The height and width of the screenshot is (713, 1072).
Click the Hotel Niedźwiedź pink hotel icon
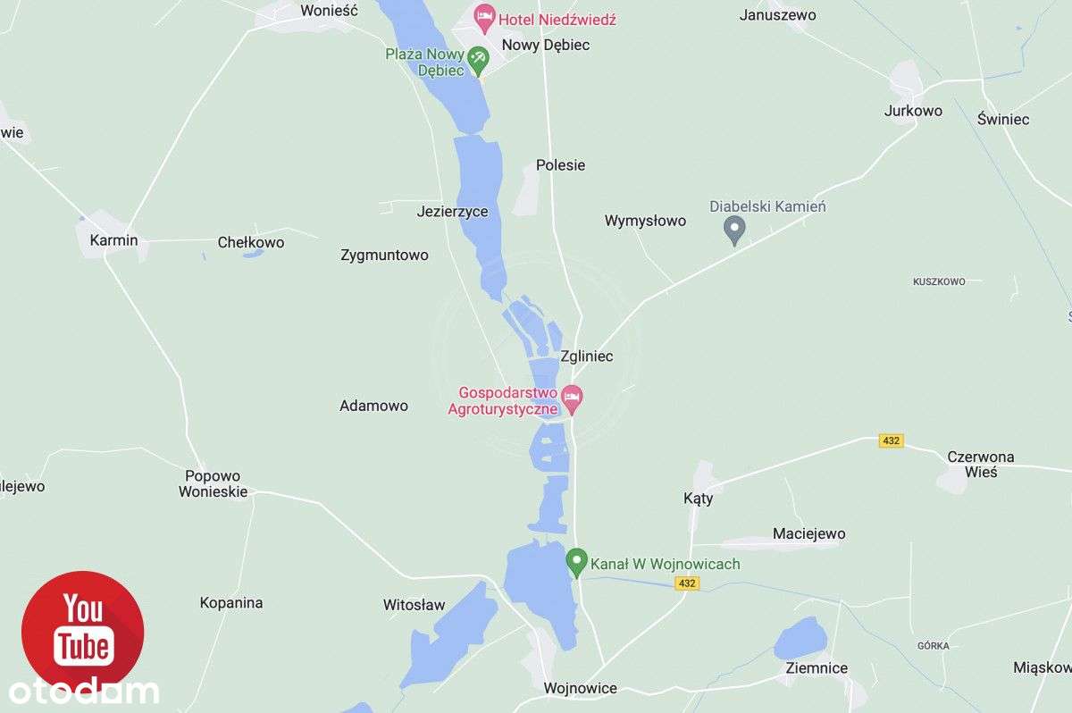tap(484, 16)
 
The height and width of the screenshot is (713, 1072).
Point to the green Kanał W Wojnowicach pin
tap(576, 562)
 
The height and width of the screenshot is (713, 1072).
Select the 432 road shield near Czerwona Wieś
tap(891, 440)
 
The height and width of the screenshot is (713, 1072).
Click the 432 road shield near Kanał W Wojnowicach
tap(686, 583)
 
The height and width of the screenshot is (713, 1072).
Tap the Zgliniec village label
tap(587, 356)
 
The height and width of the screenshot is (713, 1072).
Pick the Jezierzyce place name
tap(452, 212)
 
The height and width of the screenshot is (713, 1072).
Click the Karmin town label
tap(113, 240)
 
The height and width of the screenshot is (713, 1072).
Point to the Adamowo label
tap(373, 406)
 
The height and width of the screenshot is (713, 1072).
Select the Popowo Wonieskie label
tap(213, 483)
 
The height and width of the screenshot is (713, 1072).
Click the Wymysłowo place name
tap(645, 221)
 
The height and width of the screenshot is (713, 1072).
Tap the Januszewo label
tap(778, 15)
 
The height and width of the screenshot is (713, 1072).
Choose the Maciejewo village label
tap(808, 534)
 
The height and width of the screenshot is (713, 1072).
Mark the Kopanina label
tap(231, 603)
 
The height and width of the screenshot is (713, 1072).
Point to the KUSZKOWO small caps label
tap(939, 281)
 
